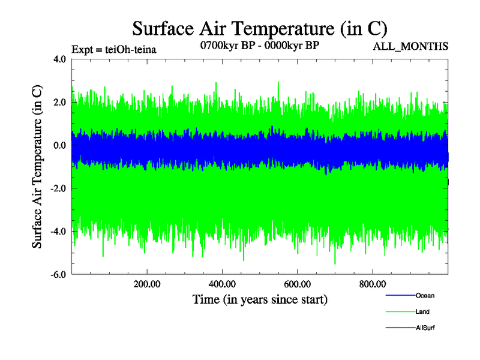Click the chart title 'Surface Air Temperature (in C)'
click(260, 28)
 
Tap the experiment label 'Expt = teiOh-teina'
click(113, 50)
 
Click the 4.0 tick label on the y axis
click(59, 59)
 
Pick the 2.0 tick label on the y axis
click(59, 103)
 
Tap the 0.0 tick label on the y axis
click(59, 146)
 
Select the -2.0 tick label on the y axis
click(58, 188)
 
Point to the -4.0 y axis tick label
click(58, 232)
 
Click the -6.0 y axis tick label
click(58, 275)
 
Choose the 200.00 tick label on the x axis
click(147, 284)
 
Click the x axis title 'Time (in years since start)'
click(260, 299)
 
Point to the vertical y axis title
click(37, 167)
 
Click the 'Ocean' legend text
click(425, 296)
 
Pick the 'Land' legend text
click(422, 312)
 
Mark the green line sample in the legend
click(400, 312)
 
